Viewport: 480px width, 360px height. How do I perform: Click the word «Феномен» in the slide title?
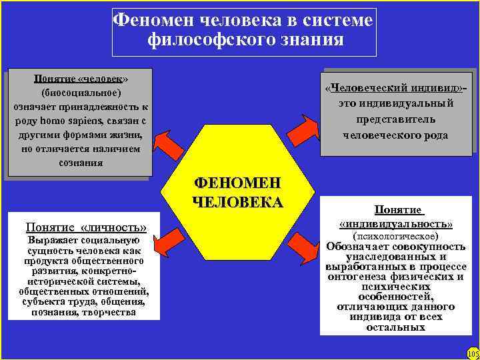pyautogui.click(x=149, y=20)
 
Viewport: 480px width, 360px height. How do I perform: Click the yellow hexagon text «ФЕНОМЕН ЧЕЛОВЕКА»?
pyautogui.click(x=238, y=192)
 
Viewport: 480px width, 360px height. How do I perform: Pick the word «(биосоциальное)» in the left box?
pyautogui.click(x=81, y=92)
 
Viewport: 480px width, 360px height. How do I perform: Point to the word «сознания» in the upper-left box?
pyautogui.click(x=80, y=162)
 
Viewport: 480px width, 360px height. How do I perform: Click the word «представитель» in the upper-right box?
pyautogui.click(x=395, y=119)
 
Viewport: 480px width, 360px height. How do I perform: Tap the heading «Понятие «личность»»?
pyautogui.click(x=85, y=227)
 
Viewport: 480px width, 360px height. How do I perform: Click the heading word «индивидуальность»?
pyautogui.click(x=396, y=223)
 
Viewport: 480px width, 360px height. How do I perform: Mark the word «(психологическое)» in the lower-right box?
pyautogui.click(x=395, y=236)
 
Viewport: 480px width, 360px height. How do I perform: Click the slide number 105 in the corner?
pyautogui.click(x=472, y=353)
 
